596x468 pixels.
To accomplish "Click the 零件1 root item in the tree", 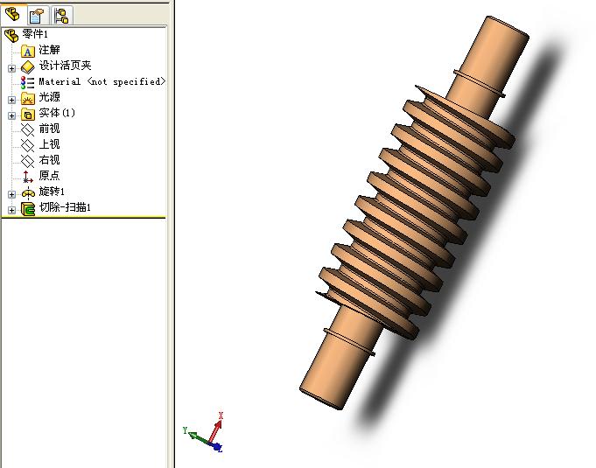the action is coord(35,34).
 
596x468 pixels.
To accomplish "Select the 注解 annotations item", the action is coord(49,50).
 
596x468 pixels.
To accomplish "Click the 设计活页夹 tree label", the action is coord(65,66).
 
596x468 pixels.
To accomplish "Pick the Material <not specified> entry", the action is coord(102,81).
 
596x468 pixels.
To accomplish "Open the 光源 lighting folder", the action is coord(49,97).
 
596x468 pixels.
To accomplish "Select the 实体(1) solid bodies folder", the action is coord(57,113).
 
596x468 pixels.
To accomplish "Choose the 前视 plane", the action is coord(49,129).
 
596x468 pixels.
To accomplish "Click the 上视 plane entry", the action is coord(49,144).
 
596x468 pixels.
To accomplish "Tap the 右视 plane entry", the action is coord(49,160).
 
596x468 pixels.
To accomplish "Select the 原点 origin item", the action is coord(49,176).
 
